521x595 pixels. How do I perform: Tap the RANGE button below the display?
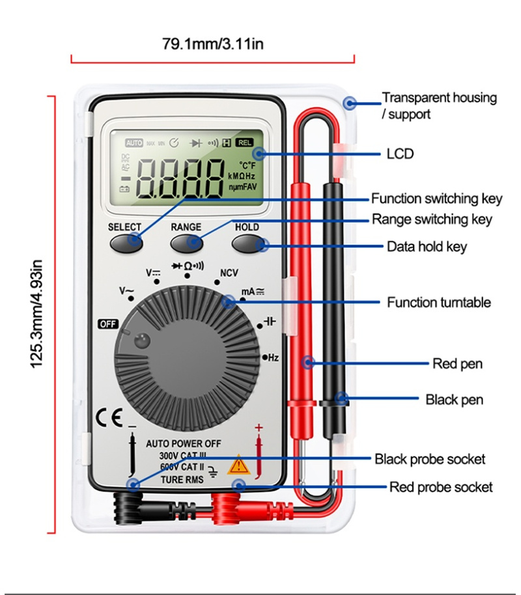(x=186, y=243)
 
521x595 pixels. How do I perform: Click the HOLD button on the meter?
(x=247, y=243)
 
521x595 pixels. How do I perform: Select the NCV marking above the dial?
(x=229, y=273)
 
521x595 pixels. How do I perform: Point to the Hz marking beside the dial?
(x=273, y=357)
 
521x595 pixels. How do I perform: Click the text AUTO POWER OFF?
(x=183, y=443)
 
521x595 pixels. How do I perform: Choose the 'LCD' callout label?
(x=400, y=154)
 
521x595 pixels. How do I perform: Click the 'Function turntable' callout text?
(x=439, y=302)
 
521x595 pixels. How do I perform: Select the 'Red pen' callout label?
(x=458, y=363)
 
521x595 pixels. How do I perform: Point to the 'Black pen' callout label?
(x=455, y=399)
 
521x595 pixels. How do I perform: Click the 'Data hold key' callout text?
(x=427, y=247)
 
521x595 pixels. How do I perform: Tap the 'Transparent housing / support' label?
(x=439, y=105)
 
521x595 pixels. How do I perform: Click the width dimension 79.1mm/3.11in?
(x=212, y=44)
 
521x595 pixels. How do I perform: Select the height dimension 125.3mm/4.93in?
(x=37, y=314)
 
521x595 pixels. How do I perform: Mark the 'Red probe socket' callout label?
(x=441, y=487)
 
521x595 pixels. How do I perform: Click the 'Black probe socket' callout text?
(x=430, y=459)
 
